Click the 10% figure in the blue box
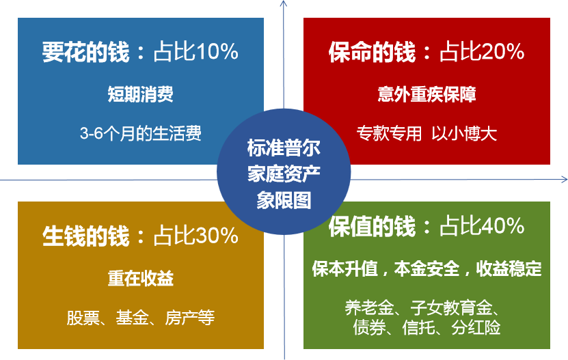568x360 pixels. (217, 51)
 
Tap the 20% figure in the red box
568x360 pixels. (503, 51)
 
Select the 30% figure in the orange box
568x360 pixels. (217, 236)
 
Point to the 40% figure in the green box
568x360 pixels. (503, 225)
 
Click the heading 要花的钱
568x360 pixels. (86, 52)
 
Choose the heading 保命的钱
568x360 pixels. (372, 52)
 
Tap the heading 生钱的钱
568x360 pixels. (86, 236)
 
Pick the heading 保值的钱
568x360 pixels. (372, 226)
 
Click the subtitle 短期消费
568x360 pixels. (141, 94)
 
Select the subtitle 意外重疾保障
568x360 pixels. (427, 94)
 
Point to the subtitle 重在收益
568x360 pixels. (141, 279)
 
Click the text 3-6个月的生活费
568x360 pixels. (141, 133)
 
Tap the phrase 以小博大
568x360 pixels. (464, 133)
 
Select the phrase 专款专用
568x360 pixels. (389, 133)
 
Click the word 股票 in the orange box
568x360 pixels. (83, 318)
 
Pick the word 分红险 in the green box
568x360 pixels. (476, 327)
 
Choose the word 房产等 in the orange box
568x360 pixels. (190, 318)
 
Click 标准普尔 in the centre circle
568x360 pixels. (284, 148)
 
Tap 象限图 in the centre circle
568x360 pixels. (284, 200)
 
